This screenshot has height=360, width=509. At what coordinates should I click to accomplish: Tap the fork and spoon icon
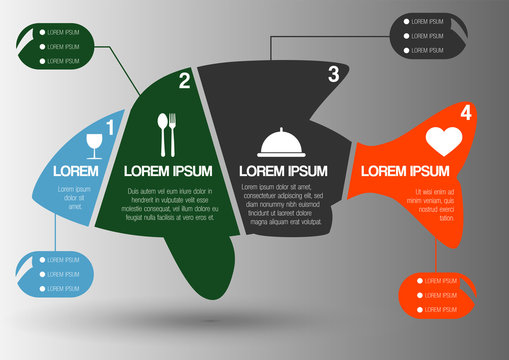[x=167, y=134]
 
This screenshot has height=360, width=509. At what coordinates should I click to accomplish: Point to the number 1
[x=110, y=126]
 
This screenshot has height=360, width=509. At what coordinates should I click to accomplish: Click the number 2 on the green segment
[x=184, y=81]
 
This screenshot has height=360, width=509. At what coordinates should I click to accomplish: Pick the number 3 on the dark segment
[x=333, y=73]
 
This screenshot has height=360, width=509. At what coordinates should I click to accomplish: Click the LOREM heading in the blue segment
[x=75, y=171]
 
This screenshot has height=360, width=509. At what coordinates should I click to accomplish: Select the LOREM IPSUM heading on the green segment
[x=164, y=171]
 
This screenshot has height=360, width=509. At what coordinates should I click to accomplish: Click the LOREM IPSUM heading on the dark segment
[x=283, y=171]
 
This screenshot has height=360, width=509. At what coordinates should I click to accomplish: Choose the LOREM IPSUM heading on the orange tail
[x=404, y=171]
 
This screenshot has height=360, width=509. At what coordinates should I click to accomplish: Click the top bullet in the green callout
[x=41, y=32]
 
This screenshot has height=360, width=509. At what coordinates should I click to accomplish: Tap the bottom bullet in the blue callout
[x=41, y=288]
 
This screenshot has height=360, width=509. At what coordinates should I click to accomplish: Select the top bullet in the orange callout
[x=420, y=281]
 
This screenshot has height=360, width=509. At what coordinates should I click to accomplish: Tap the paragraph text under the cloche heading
[x=283, y=204]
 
